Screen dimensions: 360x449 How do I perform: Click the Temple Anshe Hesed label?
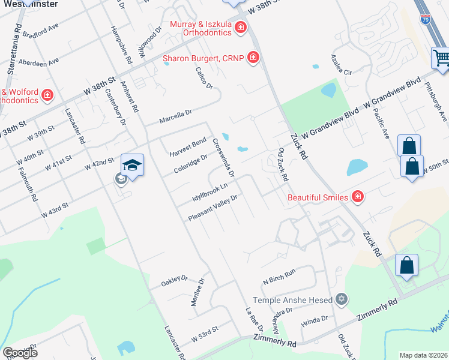pos(293,300)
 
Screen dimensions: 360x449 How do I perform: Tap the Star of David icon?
pos(342,299)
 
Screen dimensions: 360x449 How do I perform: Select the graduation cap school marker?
pos(133,165)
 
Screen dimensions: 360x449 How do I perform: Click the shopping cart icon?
pos(441,58)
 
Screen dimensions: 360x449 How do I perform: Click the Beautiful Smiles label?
pos(318,197)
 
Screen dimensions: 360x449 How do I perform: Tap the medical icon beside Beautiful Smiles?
pos(358,197)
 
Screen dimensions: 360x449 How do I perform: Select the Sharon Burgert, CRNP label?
pos(204,58)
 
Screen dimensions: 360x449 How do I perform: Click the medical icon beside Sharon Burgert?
pos(253,58)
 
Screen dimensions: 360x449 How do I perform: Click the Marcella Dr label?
pos(175,116)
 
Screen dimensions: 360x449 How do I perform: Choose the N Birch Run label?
pos(279,276)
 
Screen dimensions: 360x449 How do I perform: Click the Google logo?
pos(20,352)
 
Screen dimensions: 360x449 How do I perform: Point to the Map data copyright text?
pos(423,355)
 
